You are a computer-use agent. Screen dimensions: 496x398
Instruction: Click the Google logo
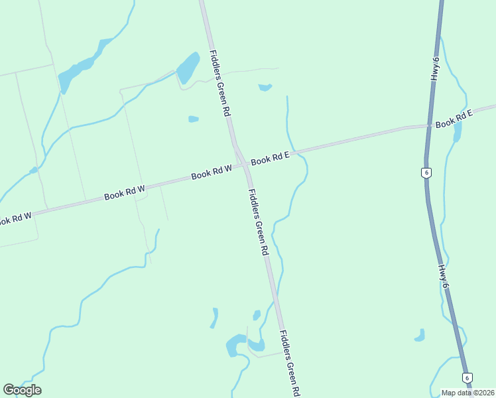point(22,390)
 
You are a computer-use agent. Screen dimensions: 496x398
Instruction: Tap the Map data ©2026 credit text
point(468,393)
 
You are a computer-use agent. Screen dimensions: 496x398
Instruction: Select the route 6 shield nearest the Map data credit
point(468,377)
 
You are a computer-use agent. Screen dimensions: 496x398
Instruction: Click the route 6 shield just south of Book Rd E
point(426,173)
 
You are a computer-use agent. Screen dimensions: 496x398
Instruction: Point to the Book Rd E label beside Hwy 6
point(454,119)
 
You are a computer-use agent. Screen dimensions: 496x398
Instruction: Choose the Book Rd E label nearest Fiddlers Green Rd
point(271,159)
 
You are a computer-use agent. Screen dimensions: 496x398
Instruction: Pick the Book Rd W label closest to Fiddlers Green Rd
point(212,173)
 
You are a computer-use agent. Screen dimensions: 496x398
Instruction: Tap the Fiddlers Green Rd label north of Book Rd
point(219,84)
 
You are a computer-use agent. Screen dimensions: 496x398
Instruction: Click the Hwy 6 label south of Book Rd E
point(444,277)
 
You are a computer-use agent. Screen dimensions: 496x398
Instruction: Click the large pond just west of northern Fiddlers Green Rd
point(188,67)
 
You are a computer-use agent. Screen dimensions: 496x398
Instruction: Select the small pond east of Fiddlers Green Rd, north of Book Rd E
point(265,87)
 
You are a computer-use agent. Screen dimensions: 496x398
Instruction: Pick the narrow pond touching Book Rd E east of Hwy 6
point(458,131)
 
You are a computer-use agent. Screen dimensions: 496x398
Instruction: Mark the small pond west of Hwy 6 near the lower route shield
point(420,336)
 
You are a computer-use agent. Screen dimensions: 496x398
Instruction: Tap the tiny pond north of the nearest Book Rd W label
point(193,119)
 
